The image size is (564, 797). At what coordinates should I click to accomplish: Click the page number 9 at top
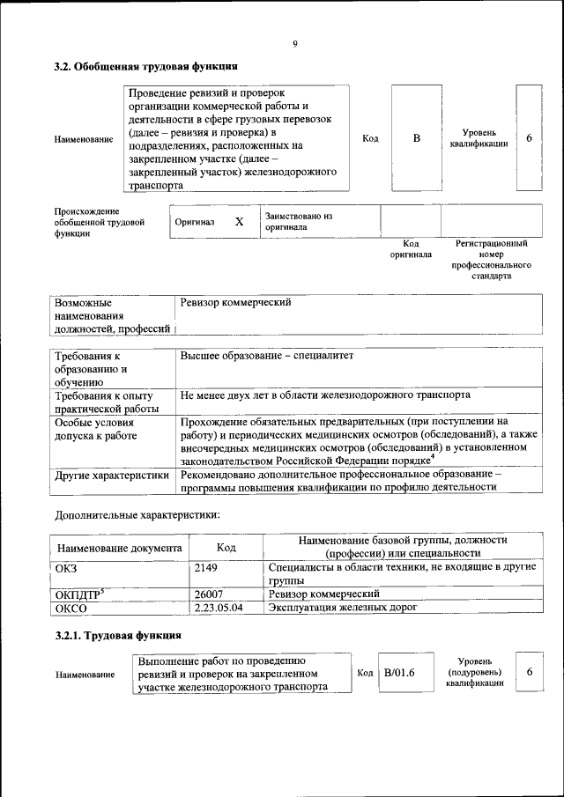295,44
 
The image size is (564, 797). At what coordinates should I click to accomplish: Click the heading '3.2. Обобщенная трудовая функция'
145,66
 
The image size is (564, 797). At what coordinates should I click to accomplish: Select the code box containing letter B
417,138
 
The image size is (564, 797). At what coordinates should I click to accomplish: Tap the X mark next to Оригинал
239,222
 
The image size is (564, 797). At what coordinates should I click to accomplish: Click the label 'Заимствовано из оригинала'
297,221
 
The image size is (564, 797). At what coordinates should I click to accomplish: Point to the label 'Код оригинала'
411,248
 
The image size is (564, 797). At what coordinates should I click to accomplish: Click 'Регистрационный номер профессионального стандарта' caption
491,259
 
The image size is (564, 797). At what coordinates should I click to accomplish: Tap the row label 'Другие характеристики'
111,476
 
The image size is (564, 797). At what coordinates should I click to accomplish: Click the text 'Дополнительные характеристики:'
137,514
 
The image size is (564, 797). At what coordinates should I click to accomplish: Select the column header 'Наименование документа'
119,548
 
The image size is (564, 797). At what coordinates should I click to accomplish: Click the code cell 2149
206,568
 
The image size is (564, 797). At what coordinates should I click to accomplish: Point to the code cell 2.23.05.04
219,608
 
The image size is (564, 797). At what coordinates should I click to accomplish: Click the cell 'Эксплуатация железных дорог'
342,608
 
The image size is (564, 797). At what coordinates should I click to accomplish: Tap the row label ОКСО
72,608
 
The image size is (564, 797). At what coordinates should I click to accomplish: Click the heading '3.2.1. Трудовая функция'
118,635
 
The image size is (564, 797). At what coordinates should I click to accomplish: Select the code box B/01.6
399,673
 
